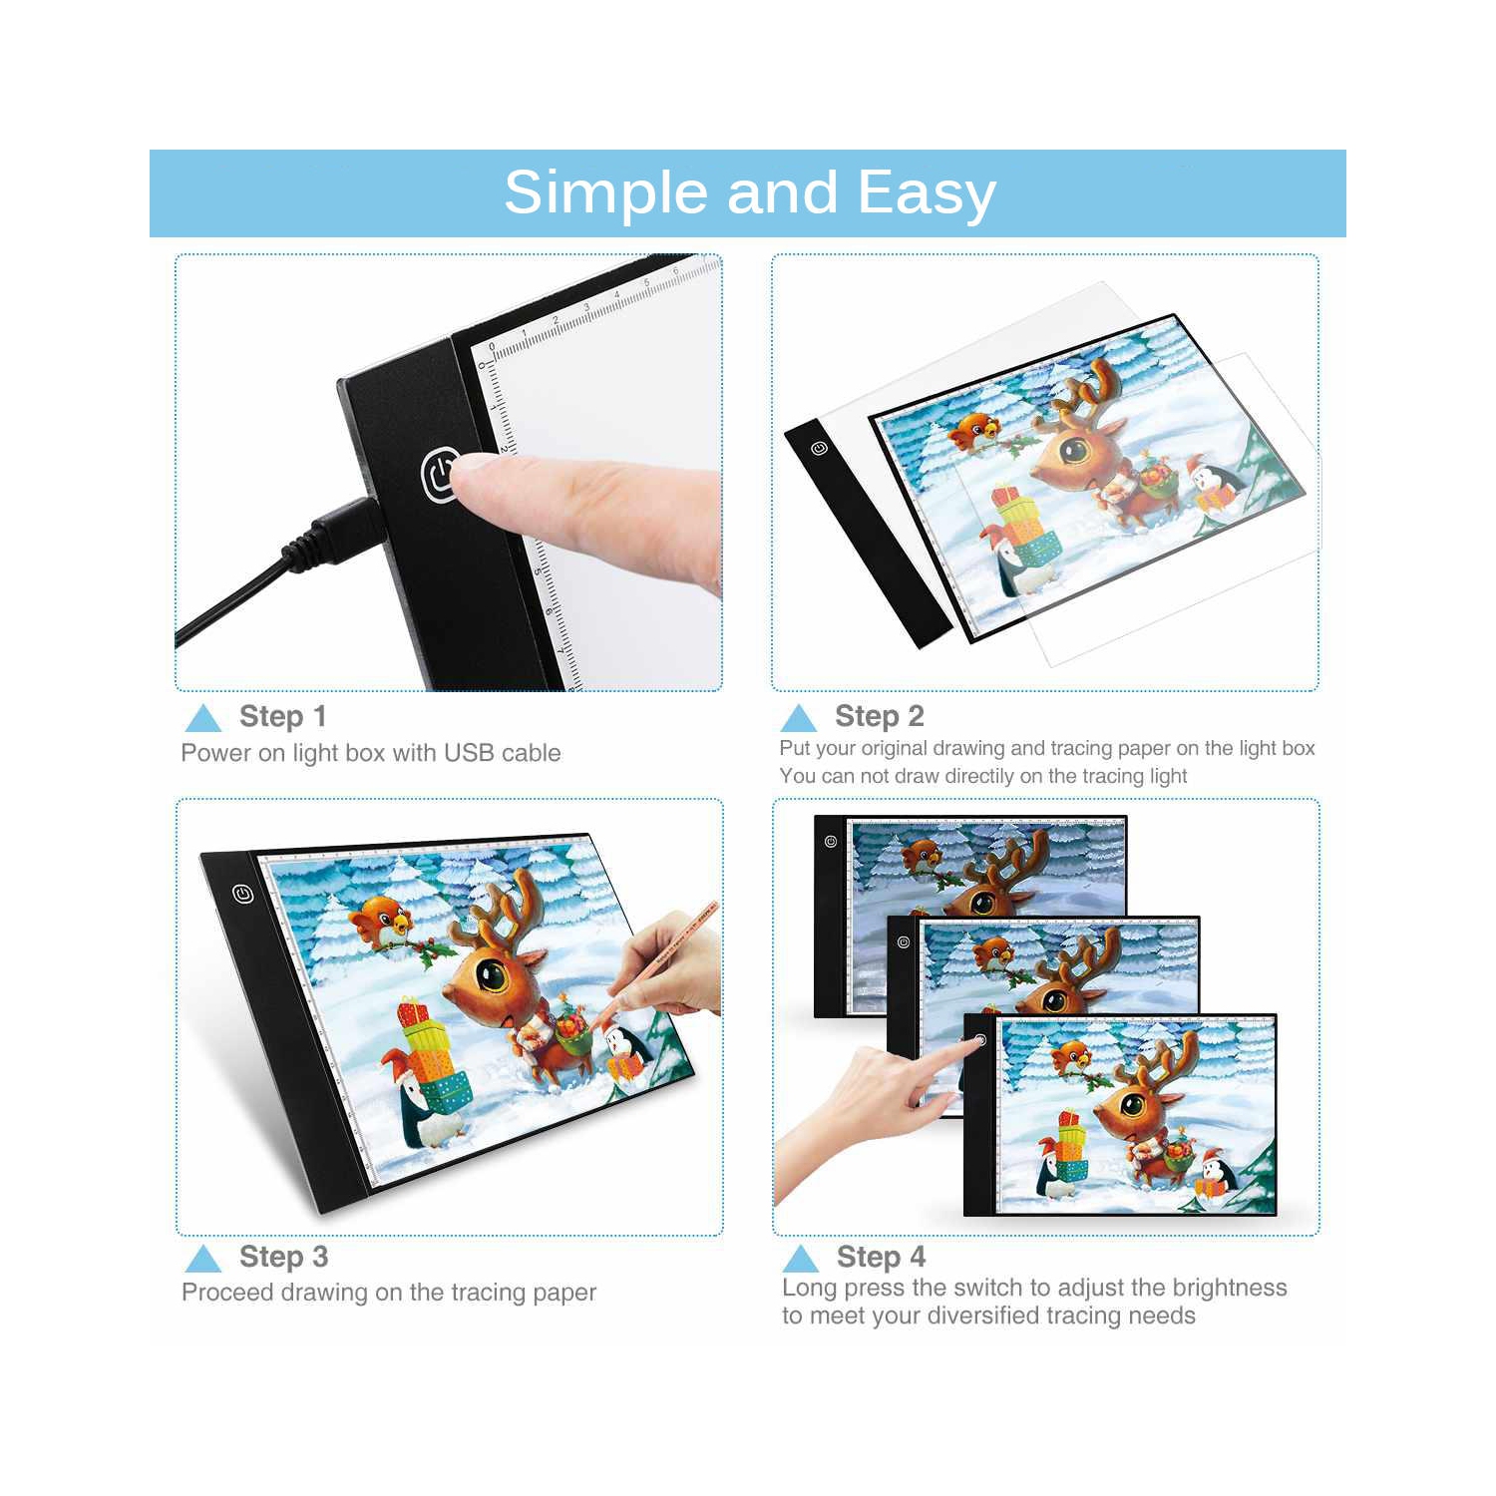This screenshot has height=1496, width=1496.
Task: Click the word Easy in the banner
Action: tap(927, 192)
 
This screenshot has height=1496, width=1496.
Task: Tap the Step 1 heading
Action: tap(282, 716)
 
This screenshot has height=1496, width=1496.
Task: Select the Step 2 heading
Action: tap(879, 716)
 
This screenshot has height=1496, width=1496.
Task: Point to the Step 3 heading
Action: tap(283, 1257)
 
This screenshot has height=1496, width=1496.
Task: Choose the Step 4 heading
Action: tap(881, 1257)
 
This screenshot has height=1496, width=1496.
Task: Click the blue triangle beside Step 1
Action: tap(203, 718)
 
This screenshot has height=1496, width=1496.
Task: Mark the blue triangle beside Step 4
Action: tap(801, 1258)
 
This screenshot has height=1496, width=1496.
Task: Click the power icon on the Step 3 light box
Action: tap(243, 894)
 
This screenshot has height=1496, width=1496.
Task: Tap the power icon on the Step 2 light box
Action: tap(819, 449)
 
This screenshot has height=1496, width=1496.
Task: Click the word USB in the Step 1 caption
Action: tap(468, 753)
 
